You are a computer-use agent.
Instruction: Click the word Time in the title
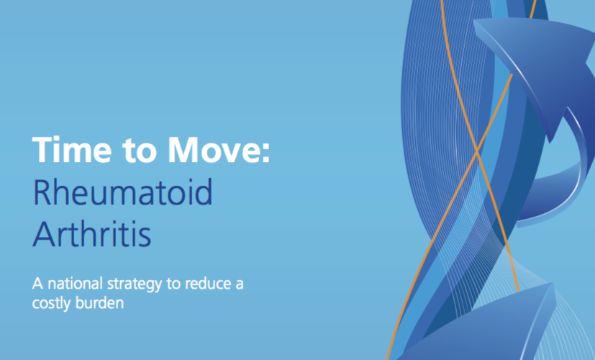(72, 150)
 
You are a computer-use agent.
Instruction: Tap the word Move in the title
(213, 150)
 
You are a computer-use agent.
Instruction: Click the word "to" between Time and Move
(140, 151)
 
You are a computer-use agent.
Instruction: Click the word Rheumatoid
(123, 192)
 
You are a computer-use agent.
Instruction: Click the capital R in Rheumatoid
(43, 192)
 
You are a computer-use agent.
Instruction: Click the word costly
(52, 304)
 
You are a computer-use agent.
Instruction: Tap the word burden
(100, 302)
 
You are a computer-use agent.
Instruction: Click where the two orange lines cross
(476, 151)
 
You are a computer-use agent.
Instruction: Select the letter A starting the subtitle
(38, 284)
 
